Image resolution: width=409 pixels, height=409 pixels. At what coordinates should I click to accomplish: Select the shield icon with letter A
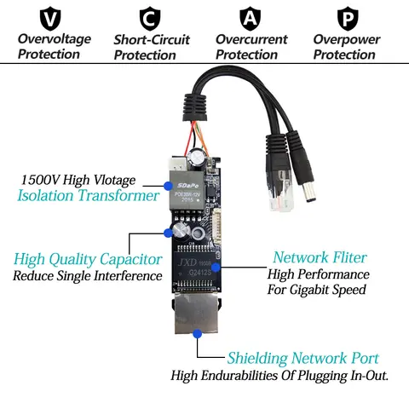click(250, 17)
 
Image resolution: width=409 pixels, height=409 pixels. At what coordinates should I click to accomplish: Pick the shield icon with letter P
click(346, 17)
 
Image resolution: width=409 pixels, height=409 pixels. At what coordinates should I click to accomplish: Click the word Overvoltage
click(50, 39)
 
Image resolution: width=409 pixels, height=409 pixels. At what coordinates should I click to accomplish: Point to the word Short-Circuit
click(152, 39)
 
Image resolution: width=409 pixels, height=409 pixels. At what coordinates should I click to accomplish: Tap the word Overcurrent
click(251, 39)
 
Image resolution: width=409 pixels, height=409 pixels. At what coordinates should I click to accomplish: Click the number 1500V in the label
click(39, 181)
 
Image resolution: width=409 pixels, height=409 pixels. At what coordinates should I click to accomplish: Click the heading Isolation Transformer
click(88, 196)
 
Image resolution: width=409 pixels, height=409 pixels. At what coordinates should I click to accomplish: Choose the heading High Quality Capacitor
click(88, 259)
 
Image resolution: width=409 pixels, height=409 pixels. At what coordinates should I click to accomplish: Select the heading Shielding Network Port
click(302, 359)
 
